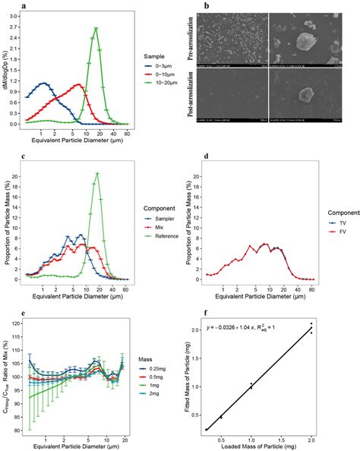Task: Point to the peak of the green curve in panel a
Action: [x=96, y=28]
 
